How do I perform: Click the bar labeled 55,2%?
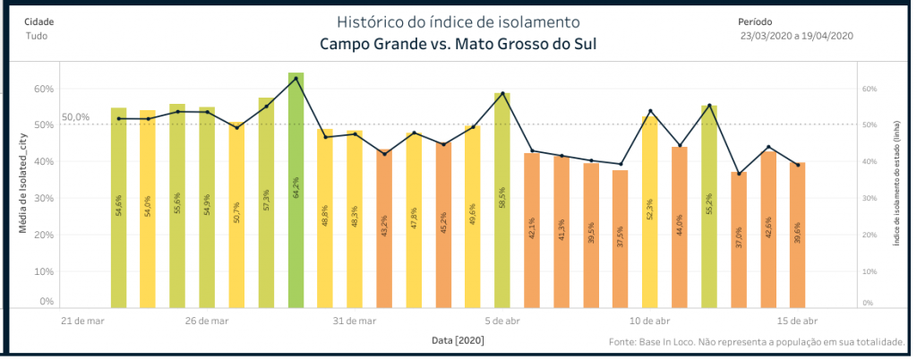coord(708,207)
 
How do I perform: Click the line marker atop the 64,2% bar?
coord(296,78)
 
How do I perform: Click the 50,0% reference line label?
coord(75,117)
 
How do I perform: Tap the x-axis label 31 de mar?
coord(355,321)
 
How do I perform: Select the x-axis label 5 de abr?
coord(503,321)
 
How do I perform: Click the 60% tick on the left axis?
coord(44,89)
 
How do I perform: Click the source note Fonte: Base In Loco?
coord(756,342)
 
